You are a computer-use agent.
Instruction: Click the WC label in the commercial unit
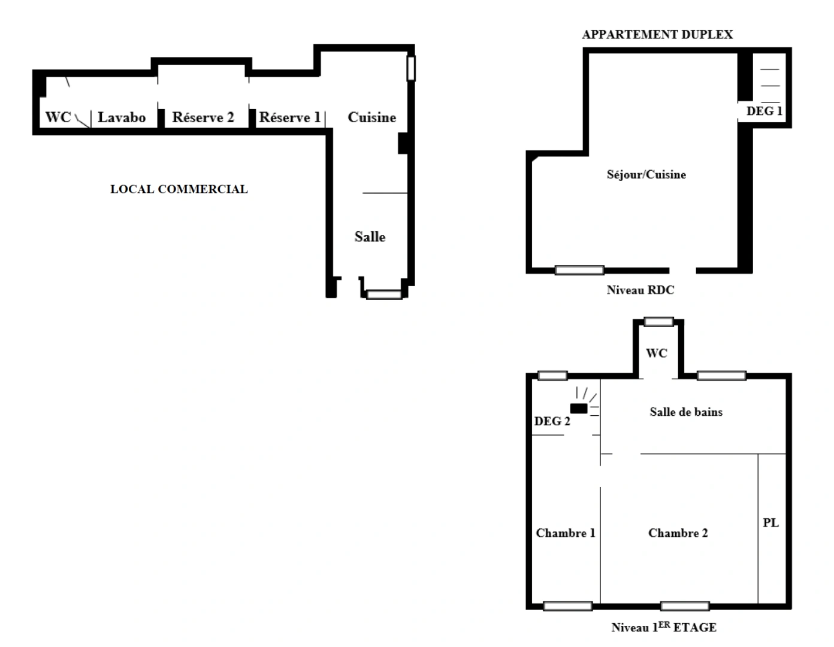click(58, 117)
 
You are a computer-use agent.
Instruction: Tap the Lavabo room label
click(122, 117)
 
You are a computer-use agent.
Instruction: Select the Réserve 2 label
click(203, 117)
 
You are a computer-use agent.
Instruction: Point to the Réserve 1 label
click(289, 117)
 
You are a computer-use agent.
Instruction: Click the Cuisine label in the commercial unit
click(371, 117)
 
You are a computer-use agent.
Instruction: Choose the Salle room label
click(370, 237)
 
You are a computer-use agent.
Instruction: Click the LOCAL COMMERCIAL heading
click(179, 189)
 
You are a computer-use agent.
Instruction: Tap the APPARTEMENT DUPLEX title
click(657, 35)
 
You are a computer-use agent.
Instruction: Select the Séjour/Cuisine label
click(646, 175)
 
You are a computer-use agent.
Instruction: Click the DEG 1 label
click(764, 111)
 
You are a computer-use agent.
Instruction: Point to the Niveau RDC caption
click(640, 291)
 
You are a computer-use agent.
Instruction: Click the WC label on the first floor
click(656, 353)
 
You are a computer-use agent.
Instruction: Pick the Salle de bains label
click(686, 412)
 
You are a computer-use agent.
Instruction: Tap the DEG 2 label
click(552, 422)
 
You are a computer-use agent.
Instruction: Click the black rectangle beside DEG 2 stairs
click(579, 409)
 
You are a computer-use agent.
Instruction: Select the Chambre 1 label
click(565, 533)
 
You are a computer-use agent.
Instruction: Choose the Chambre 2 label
click(678, 533)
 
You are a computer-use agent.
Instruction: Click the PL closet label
click(770, 523)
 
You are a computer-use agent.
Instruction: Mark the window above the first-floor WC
click(658, 322)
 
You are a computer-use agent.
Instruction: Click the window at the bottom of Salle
click(384, 294)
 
